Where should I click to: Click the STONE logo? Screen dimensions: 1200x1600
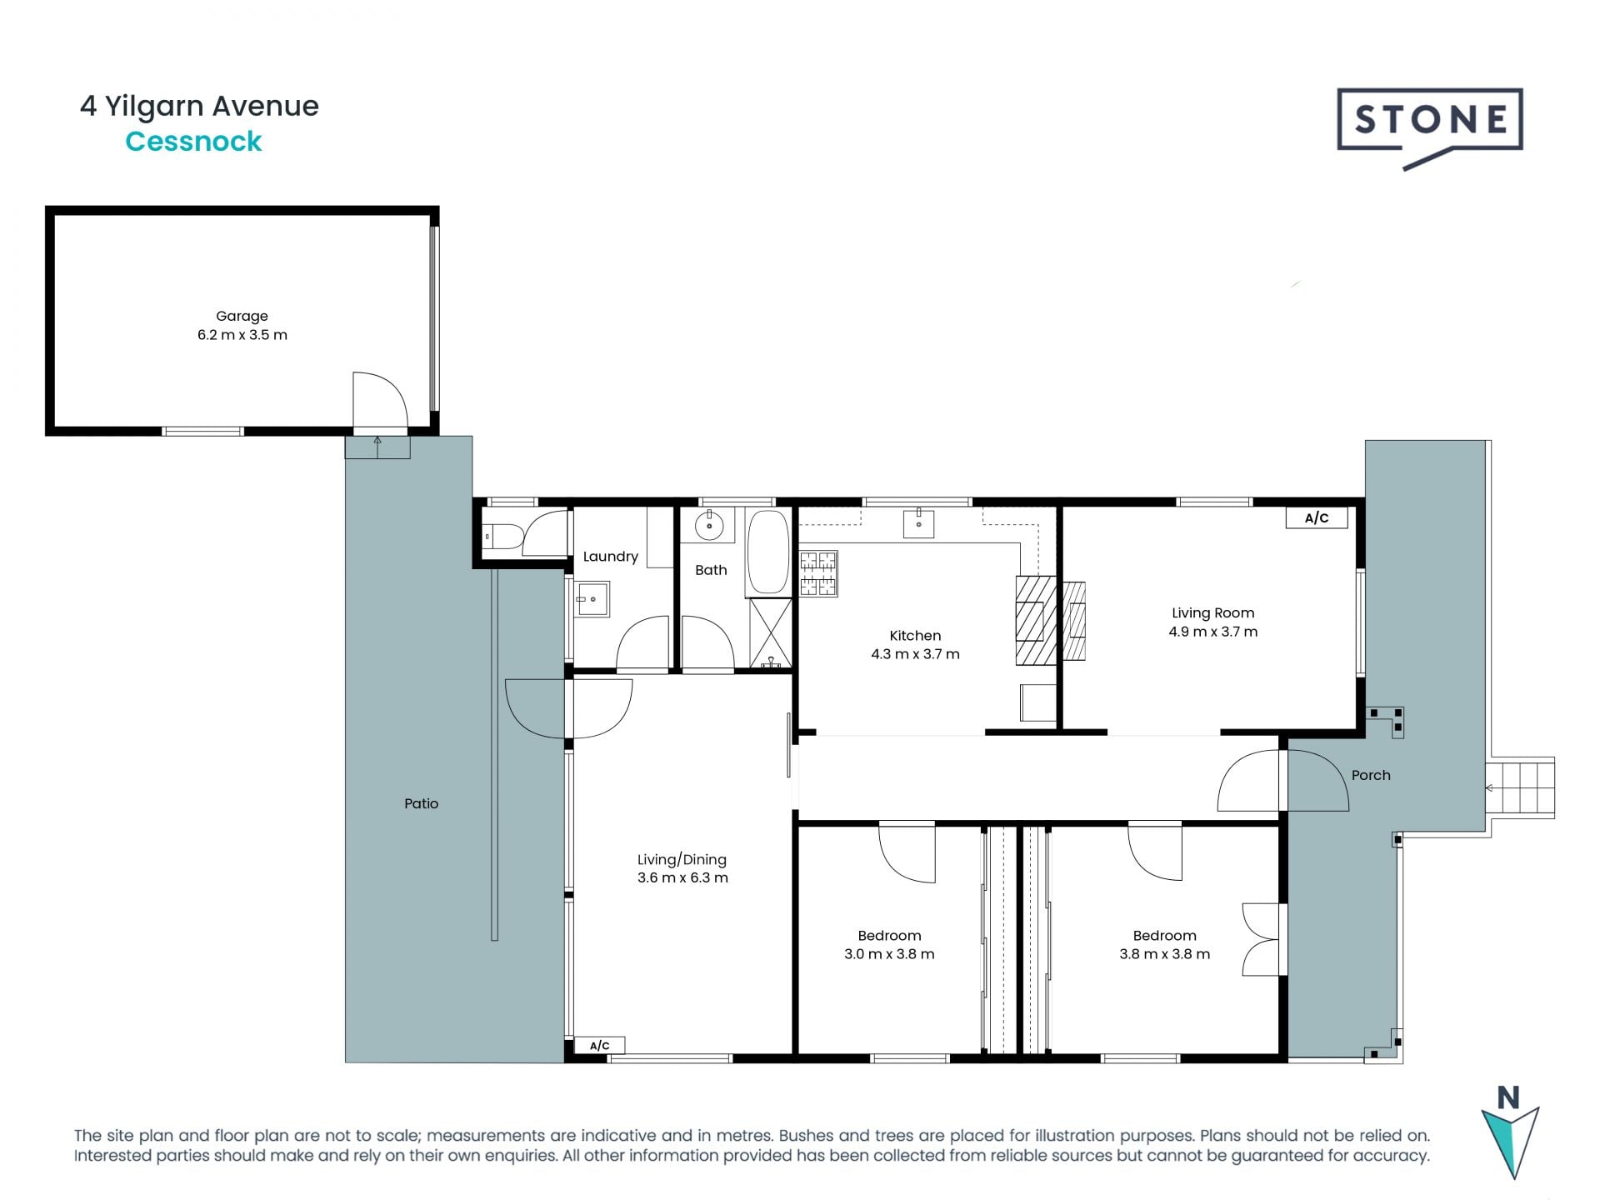[1430, 125]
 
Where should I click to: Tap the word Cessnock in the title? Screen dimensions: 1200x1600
[193, 142]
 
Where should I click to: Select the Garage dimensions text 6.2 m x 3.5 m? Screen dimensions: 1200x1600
[242, 335]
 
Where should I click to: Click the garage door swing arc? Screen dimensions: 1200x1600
[382, 400]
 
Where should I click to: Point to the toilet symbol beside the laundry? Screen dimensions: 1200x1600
[502, 535]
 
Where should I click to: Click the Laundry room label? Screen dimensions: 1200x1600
[610, 557]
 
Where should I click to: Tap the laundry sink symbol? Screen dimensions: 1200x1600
[592, 598]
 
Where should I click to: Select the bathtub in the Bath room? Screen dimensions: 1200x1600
[767, 552]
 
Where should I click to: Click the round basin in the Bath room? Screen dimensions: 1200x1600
[709, 527]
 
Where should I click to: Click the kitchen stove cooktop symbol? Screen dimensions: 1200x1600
[818, 573]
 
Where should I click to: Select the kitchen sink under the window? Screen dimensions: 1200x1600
[918, 524]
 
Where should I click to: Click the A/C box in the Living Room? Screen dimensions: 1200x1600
[1316, 518]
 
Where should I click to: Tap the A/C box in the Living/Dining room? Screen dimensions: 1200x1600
[599, 1046]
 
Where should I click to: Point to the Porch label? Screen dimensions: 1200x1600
[1370, 775]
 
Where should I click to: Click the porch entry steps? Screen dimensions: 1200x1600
[1522, 787]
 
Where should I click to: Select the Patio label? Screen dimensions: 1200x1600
[421, 803]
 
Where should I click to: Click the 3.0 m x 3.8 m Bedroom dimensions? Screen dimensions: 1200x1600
[889, 954]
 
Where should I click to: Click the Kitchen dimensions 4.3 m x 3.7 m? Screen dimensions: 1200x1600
[915, 654]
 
